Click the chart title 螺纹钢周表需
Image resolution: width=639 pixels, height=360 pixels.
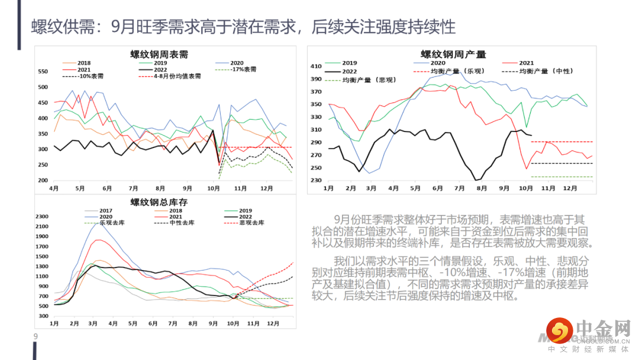click(x=159, y=54)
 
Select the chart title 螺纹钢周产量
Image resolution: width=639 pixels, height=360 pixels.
click(x=453, y=54)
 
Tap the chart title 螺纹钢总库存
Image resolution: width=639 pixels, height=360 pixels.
click(x=159, y=202)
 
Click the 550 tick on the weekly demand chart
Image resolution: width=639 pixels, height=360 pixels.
click(x=43, y=72)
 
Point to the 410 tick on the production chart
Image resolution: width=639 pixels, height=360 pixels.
click(x=316, y=66)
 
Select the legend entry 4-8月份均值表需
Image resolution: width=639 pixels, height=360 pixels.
click(x=177, y=76)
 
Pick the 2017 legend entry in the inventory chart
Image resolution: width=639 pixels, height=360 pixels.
click(x=105, y=211)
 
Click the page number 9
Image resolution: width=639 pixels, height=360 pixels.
click(x=35, y=337)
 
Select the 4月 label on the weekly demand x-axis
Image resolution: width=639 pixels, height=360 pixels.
click(x=53, y=188)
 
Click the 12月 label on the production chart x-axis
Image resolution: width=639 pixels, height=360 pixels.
click(x=570, y=188)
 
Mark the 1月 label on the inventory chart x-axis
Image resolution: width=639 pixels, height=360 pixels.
click(x=54, y=324)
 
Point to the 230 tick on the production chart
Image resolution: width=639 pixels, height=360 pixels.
click(x=316, y=180)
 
